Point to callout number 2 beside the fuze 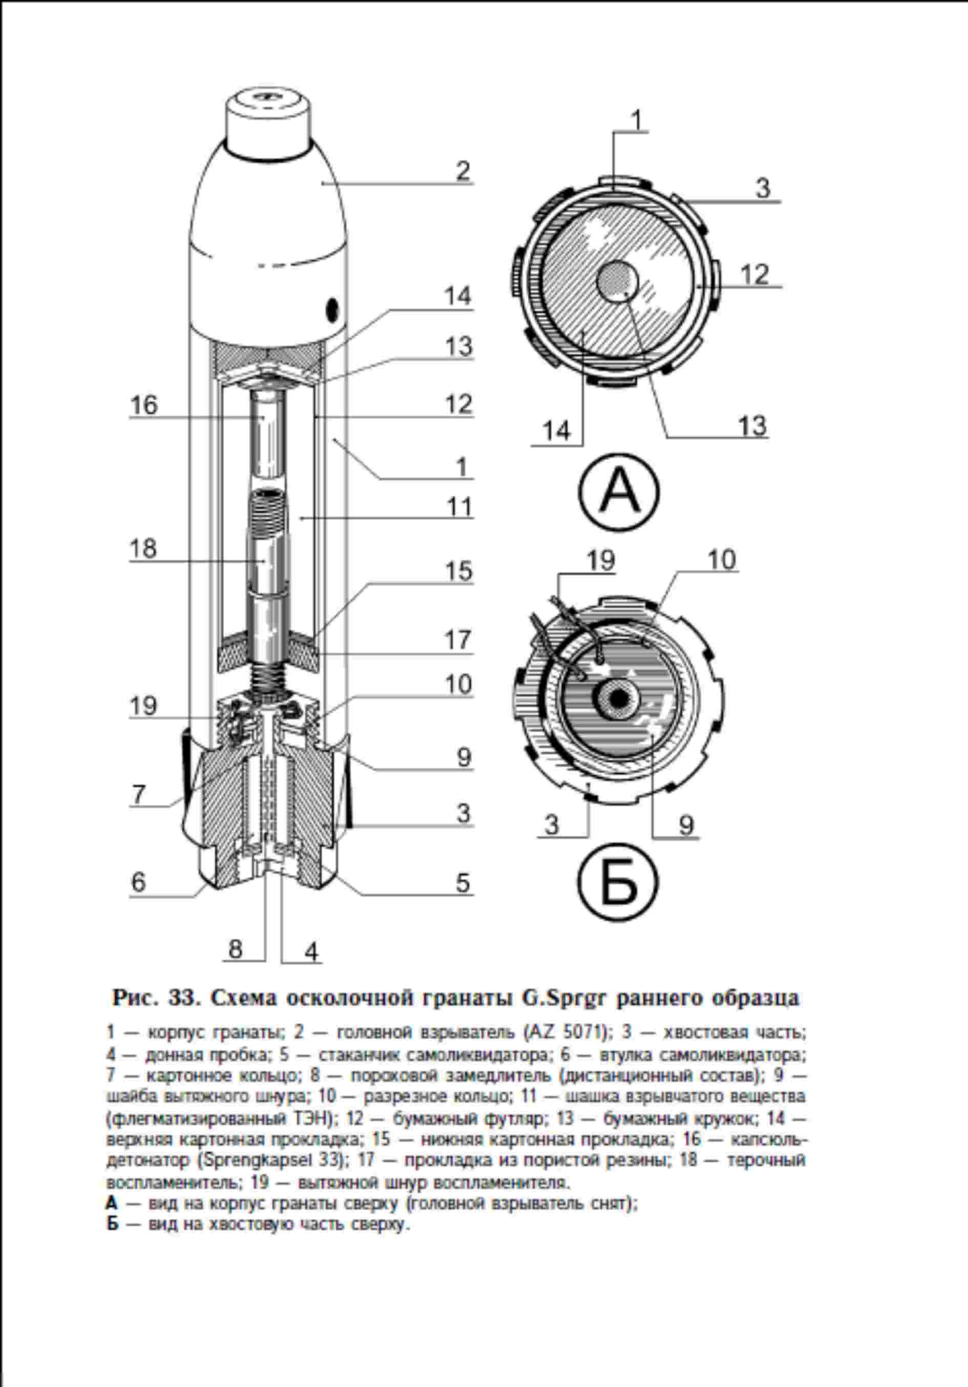462,171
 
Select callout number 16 144,405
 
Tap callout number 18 144,549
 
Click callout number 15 459,571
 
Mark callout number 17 459,640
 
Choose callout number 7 139,793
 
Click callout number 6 138,882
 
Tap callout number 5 462,882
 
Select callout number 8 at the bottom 235,949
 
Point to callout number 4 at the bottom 311,952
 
